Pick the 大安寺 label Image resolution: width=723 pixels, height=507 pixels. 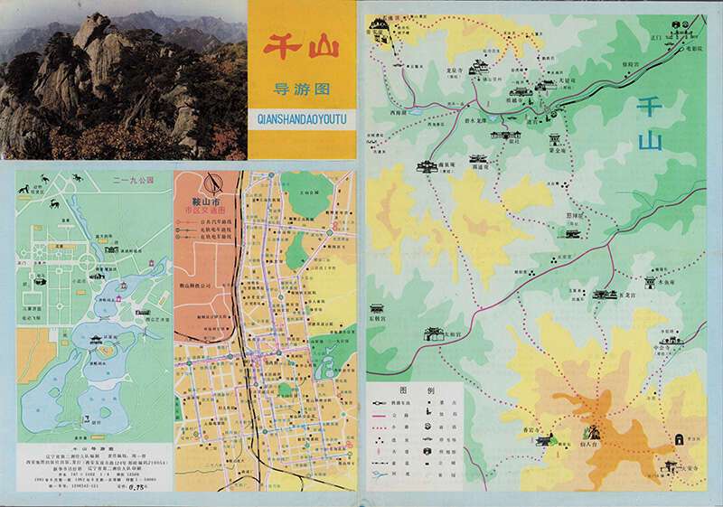click(x=690, y=467)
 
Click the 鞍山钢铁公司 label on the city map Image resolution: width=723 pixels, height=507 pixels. click(x=193, y=286)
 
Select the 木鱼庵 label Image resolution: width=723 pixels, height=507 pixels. click(x=668, y=282)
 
